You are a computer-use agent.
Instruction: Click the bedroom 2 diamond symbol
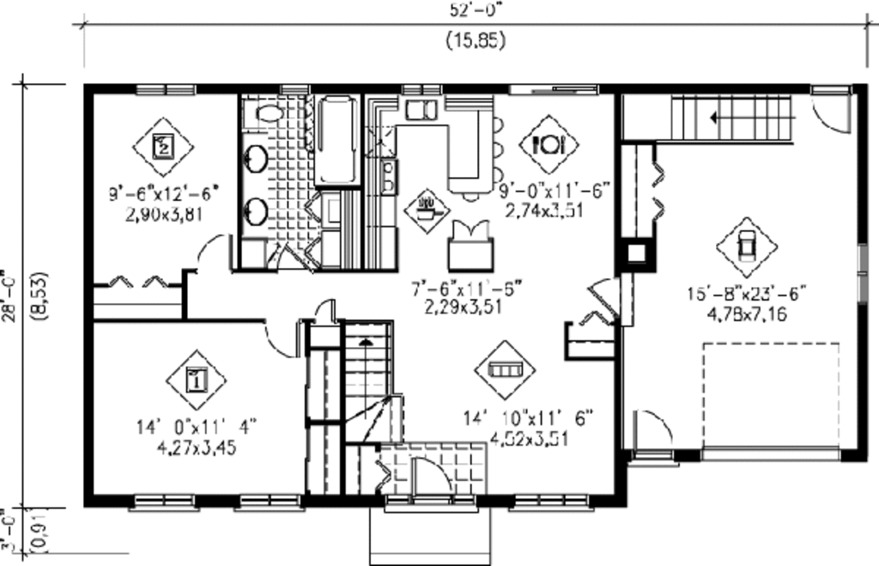click(x=163, y=146)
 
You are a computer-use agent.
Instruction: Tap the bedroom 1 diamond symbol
click(x=195, y=379)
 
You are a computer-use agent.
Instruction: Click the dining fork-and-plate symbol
click(x=548, y=144)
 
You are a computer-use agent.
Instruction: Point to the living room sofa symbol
click(x=505, y=369)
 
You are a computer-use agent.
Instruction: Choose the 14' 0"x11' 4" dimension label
click(x=196, y=425)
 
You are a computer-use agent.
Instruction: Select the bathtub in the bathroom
click(x=336, y=141)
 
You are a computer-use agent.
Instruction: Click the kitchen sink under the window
click(x=421, y=109)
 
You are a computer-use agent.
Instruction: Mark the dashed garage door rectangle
click(x=771, y=395)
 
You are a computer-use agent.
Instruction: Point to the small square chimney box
click(x=637, y=253)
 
